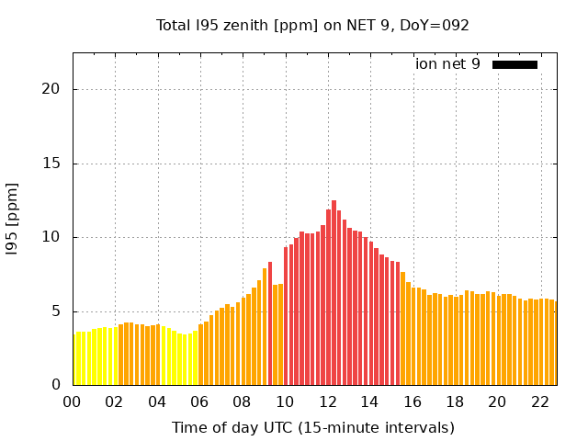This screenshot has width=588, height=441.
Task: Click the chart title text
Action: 313,26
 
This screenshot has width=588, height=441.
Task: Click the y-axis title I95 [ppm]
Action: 13,220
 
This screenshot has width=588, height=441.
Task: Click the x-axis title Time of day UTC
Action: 313,427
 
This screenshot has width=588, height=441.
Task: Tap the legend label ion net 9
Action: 447,64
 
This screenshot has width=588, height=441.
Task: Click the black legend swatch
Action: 514,64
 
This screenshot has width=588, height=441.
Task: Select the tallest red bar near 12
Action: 334,292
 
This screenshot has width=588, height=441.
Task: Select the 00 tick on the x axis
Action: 73,401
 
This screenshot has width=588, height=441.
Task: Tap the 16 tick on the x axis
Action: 413,401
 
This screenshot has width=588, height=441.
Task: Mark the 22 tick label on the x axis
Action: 540,401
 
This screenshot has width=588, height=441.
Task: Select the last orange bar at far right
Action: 554,343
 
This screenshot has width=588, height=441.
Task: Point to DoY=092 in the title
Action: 435,26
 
